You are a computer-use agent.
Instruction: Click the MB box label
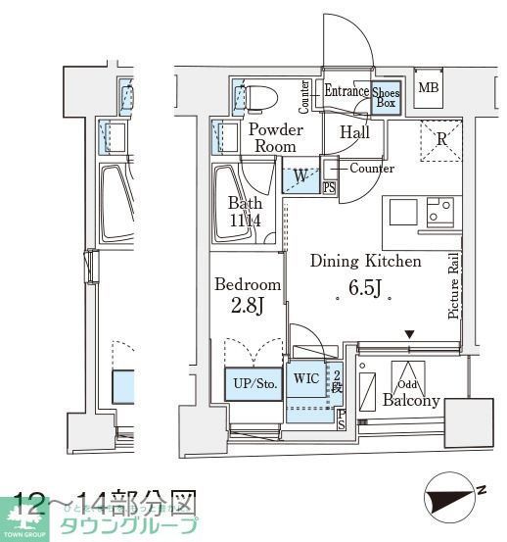coord(429,88)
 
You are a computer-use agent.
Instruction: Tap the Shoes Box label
coord(386,97)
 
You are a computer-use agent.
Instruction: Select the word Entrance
coord(346,91)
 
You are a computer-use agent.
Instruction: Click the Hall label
coord(354,132)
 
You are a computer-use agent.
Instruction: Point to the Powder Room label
coord(275,137)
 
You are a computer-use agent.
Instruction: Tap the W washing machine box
coord(300,177)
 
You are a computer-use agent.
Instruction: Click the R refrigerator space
coord(440,139)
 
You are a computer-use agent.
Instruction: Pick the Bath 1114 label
coord(244,213)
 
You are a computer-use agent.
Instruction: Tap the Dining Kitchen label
coord(365,262)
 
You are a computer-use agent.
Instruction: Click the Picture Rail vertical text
coord(454,284)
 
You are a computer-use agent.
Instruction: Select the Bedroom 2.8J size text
coord(248,306)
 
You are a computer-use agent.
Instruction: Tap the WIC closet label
coord(306,378)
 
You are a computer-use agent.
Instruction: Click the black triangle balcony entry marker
coord(410,335)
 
